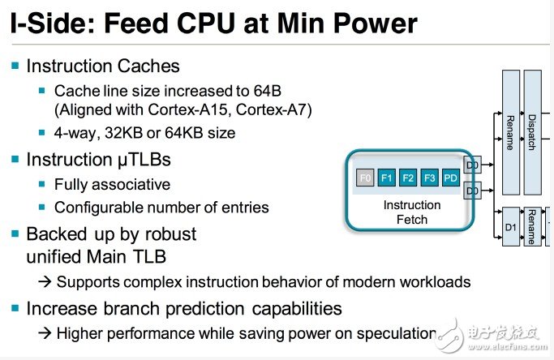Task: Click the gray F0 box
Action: click(365, 178)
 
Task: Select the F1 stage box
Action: click(387, 178)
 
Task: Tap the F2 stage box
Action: click(408, 178)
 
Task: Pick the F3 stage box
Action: click(430, 178)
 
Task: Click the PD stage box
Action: click(451, 178)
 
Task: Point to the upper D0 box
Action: click(472, 165)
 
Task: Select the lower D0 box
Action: click(472, 191)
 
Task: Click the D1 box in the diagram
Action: click(511, 227)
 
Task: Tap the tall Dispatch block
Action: click(532, 132)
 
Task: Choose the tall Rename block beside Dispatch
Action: click(511, 132)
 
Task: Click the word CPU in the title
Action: click(206, 24)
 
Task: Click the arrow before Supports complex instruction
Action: click(45, 282)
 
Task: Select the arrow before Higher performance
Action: click(45, 333)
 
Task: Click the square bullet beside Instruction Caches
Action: click(15, 66)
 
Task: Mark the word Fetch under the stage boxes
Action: click(412, 220)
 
